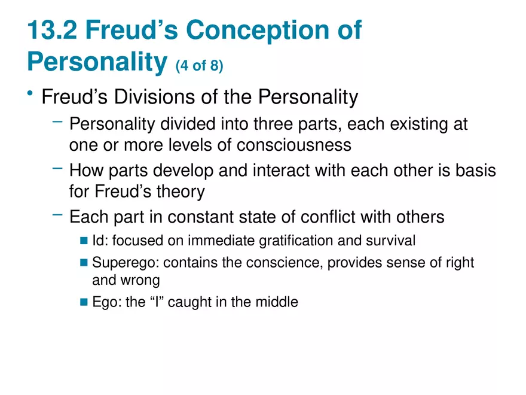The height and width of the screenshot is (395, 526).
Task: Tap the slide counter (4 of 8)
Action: [x=199, y=65]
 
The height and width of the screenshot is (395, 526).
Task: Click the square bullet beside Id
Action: [x=84, y=241]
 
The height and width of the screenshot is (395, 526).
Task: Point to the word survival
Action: [x=392, y=241]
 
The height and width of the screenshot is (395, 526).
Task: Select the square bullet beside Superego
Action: [x=84, y=263]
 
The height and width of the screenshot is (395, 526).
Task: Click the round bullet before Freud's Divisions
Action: [x=29, y=95]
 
